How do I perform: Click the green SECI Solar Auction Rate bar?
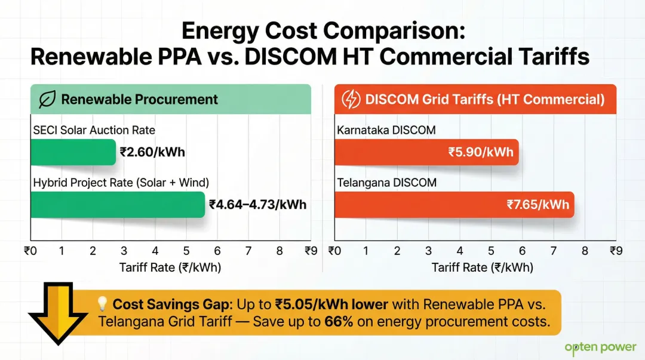pos(72,152)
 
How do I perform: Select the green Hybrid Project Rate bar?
pos(117,205)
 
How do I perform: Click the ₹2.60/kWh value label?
pos(152,152)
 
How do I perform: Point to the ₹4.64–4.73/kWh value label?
pos(257,205)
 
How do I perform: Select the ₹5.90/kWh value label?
pos(481,152)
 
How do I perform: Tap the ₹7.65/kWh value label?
pos(537,205)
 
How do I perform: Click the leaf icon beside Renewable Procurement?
pos(47,99)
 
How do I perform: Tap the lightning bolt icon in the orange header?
pos(350,99)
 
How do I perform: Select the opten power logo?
pos(600,347)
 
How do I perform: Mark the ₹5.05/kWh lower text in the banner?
pos(331,304)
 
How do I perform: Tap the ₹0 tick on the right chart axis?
pos(334,251)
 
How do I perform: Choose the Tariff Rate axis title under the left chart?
pos(170,267)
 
